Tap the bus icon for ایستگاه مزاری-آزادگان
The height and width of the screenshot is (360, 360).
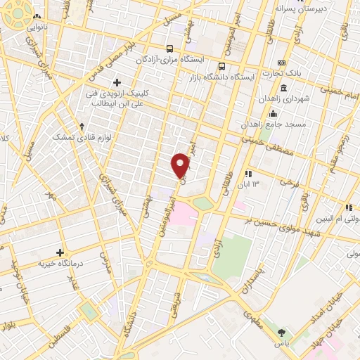coord(169,49)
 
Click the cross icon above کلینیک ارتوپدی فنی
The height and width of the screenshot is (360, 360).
coord(117,82)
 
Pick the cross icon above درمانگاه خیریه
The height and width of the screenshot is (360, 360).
coord(60,252)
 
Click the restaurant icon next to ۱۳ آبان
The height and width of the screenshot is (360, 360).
coord(247,173)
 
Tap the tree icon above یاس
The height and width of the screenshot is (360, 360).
coord(282,332)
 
